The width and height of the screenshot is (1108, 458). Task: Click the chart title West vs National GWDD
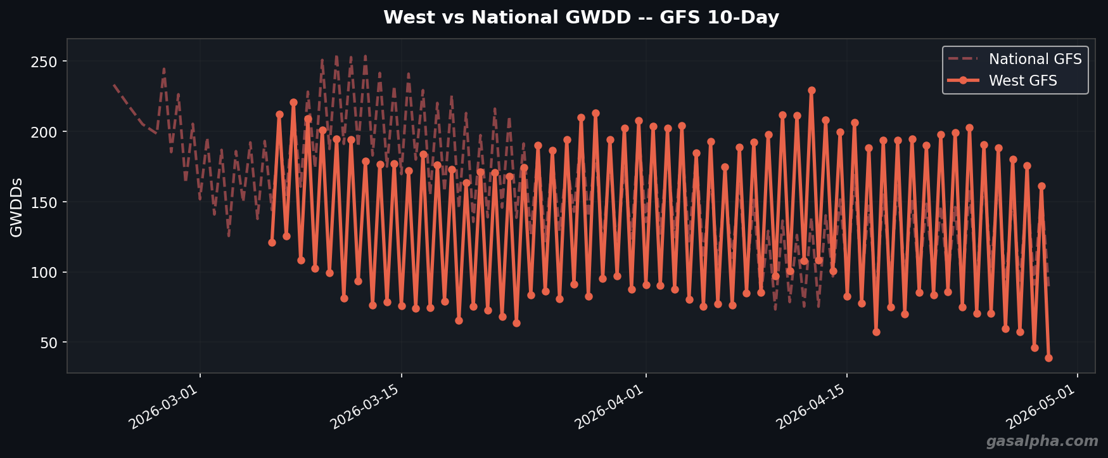pyautogui.click(x=580, y=18)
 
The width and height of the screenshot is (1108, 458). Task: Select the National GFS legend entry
pyautogui.click(x=1035, y=60)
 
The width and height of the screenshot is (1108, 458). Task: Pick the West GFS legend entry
pyautogui.click(x=1022, y=81)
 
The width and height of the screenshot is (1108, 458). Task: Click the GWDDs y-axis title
pyautogui.click(x=17, y=207)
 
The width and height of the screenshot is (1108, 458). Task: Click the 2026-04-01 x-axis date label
pyautogui.click(x=609, y=407)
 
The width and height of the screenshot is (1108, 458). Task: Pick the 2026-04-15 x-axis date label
pyautogui.click(x=812, y=407)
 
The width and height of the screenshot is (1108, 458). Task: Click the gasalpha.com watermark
pyautogui.click(x=1041, y=442)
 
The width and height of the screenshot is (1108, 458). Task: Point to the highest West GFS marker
pyautogui.click(x=812, y=91)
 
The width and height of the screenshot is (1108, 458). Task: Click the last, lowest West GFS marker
pyautogui.click(x=1048, y=358)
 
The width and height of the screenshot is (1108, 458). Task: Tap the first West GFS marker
pyautogui.click(x=272, y=242)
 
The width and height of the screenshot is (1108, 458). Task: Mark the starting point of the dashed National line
pyautogui.click(x=114, y=84)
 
